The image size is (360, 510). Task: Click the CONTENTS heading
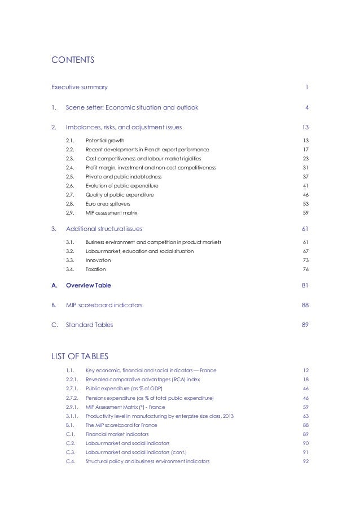(x=73, y=59)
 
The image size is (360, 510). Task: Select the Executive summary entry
(x=80, y=88)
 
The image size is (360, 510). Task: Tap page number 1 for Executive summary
(x=306, y=88)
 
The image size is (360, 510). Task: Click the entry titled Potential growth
(x=105, y=141)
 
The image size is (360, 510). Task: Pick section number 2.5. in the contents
(x=71, y=177)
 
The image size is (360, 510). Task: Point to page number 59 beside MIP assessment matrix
(x=305, y=213)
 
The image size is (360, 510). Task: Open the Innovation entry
(x=98, y=260)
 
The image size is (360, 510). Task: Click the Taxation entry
(x=96, y=269)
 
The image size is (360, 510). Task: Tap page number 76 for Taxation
(x=305, y=269)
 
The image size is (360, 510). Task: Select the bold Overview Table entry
(x=89, y=286)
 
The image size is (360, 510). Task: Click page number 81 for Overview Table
(x=305, y=286)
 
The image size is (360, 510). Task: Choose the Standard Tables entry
(x=89, y=325)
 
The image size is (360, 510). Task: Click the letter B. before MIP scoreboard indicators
(x=54, y=306)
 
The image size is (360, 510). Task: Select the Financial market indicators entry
(x=117, y=434)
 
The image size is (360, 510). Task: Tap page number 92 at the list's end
(x=305, y=461)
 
